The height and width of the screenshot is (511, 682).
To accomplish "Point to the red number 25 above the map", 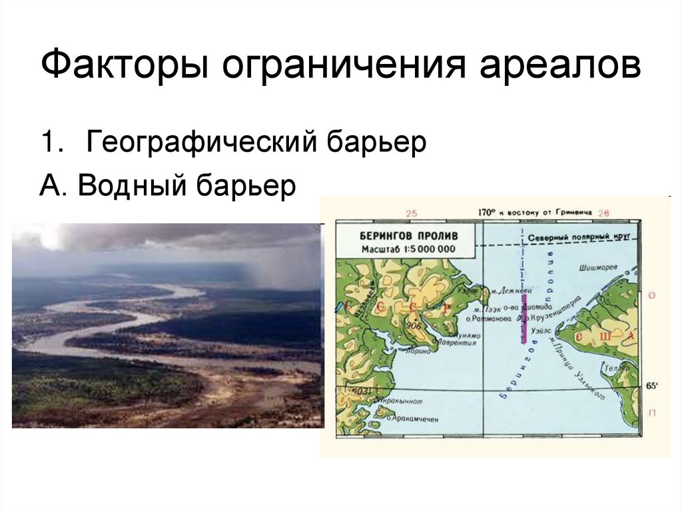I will [x=410, y=213].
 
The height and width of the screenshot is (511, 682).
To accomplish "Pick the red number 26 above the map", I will [x=604, y=213].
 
